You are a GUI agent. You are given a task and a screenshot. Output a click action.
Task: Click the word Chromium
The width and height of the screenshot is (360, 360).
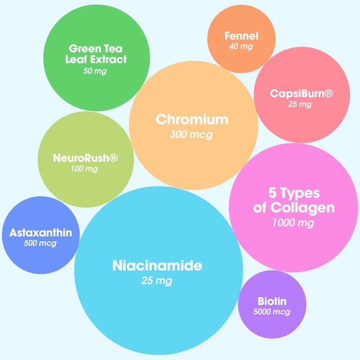pos(192,120)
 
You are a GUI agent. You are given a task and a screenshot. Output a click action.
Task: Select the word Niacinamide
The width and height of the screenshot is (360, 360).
pos(157,265)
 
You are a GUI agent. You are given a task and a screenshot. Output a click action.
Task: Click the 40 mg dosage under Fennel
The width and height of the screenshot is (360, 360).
pos(241,47)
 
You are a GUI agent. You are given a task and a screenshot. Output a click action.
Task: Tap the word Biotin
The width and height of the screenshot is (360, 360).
pos(272,301)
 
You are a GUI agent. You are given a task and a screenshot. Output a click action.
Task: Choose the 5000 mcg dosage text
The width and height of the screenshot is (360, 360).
pos(272,312)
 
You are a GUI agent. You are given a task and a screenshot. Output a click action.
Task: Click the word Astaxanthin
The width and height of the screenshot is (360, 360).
pos(40,233)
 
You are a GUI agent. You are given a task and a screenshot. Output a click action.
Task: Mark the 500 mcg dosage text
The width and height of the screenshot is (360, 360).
pos(40,243)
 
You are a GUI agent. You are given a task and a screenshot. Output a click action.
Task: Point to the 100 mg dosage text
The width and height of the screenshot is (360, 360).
pos(84,169)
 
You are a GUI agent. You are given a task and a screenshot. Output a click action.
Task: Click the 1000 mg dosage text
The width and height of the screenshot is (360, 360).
pos(293,222)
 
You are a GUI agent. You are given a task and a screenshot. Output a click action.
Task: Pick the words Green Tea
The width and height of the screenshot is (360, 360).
pos(95,48)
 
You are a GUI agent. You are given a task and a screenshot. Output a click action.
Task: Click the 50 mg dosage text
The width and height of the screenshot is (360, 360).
pos(95,71)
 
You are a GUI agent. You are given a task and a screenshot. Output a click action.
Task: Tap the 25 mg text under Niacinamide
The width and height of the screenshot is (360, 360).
pos(157,281)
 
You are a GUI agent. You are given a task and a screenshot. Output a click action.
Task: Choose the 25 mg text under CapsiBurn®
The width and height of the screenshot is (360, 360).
pos(300,104)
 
